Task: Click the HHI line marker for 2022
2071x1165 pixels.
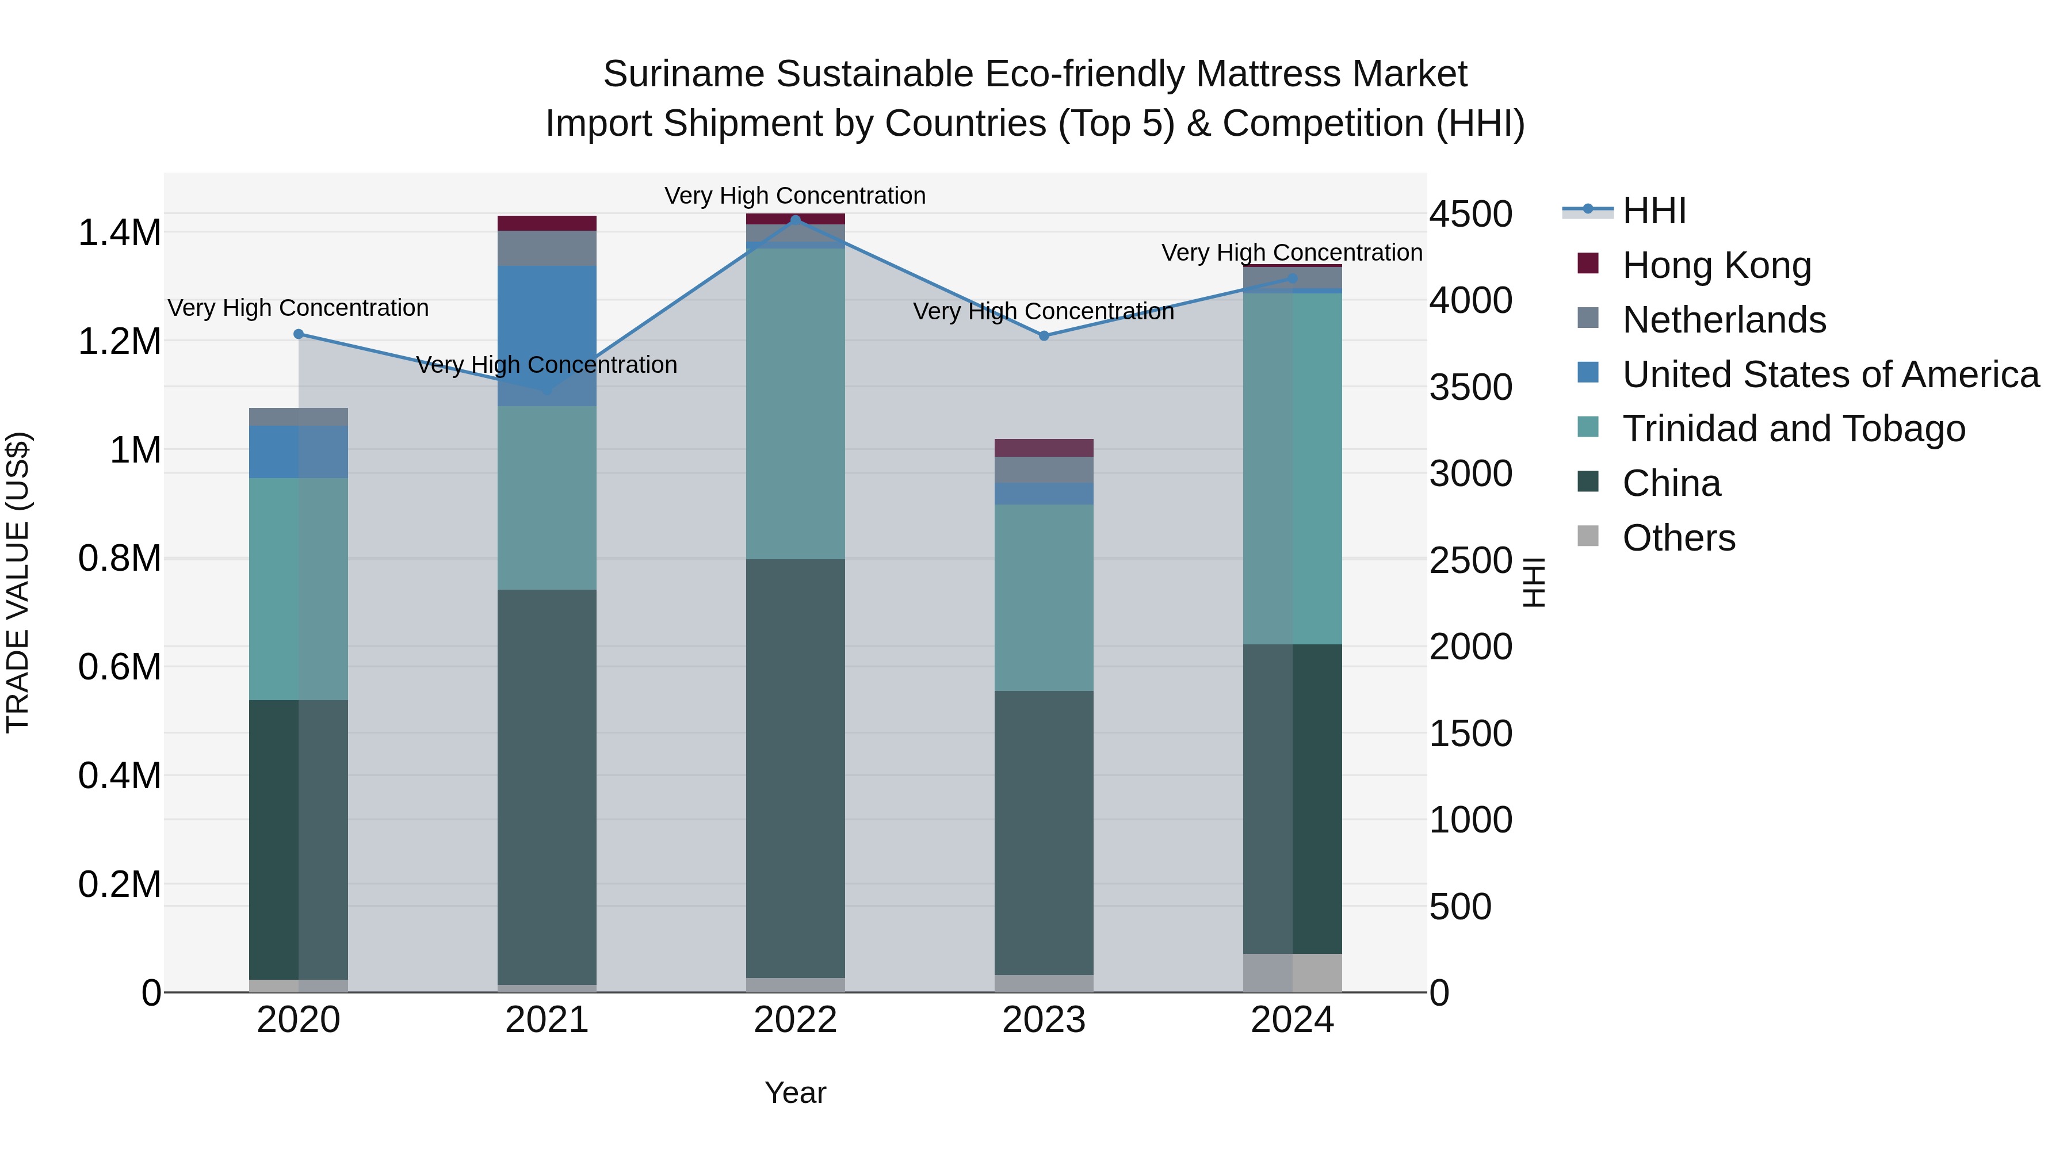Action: tap(795, 220)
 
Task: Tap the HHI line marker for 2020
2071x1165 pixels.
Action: tap(298, 334)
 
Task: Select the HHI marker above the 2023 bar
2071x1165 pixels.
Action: tap(1044, 336)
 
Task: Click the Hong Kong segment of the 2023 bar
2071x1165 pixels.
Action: tap(1044, 448)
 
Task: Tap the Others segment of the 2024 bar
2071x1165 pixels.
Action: tap(1292, 973)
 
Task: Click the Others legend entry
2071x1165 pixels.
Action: tap(1678, 538)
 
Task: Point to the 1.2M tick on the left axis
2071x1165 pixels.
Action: tap(119, 342)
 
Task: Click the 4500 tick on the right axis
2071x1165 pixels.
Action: tap(1470, 215)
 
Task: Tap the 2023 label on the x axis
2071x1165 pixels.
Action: tap(1044, 1020)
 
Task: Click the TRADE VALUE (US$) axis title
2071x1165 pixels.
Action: tap(18, 582)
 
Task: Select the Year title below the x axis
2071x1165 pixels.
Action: tap(795, 1093)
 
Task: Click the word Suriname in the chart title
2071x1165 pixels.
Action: tap(683, 74)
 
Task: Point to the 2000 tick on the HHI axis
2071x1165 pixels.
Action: tap(1470, 647)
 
